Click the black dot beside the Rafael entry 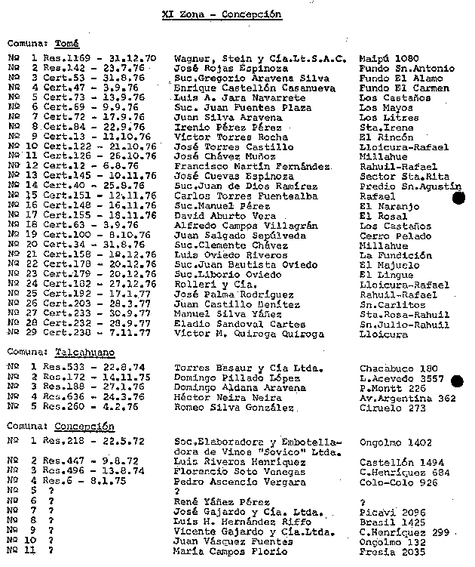tap(458, 198)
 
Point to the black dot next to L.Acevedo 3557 tap(456, 381)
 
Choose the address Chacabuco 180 tap(397, 368)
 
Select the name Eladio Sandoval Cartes tap(229, 323)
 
